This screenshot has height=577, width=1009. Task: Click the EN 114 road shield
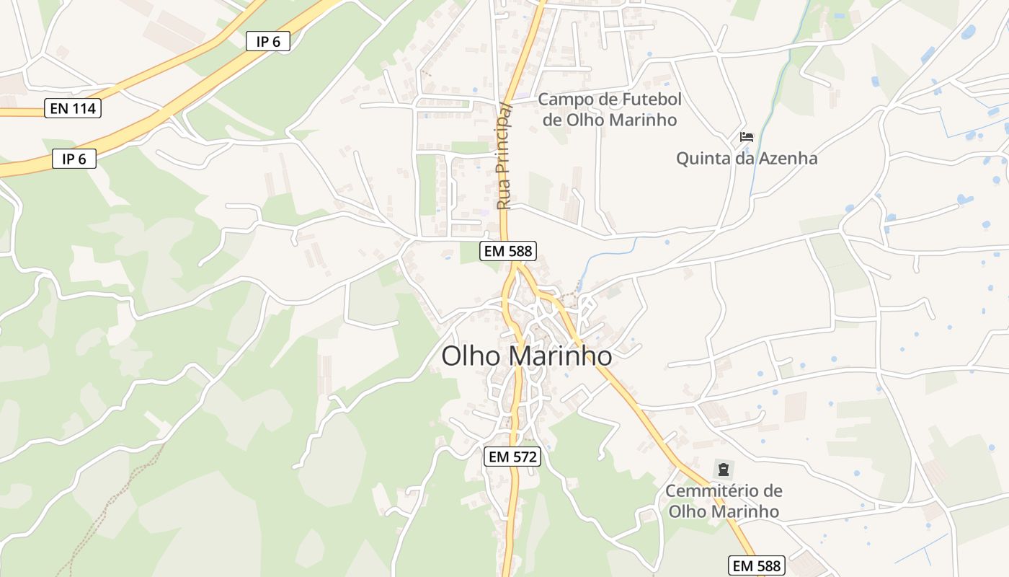(73, 109)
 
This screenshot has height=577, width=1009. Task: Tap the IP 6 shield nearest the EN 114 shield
(74, 159)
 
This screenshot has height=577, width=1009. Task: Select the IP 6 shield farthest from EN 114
(267, 42)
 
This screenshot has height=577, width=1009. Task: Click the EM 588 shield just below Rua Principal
(508, 251)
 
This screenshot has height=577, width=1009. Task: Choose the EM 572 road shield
(512, 457)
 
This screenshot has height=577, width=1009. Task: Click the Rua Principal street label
(504, 156)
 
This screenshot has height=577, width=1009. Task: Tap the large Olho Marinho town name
(526, 356)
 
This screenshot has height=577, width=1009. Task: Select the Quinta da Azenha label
(747, 158)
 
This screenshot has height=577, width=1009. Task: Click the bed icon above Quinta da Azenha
(747, 136)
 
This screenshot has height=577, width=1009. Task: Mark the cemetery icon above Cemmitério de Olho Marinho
(723, 470)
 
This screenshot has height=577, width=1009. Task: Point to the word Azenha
(781, 158)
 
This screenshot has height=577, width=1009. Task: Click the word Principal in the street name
(504, 137)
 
